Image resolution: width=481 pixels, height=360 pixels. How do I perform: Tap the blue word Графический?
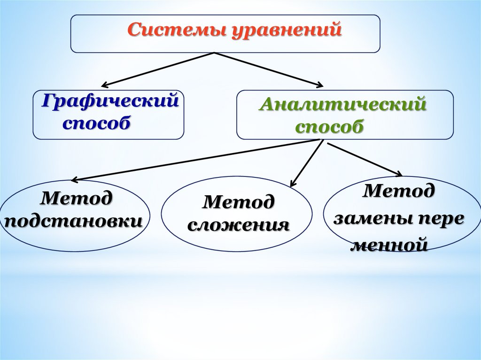110,101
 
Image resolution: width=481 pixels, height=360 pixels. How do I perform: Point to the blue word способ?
95,123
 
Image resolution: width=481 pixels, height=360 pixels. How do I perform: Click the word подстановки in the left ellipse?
76,221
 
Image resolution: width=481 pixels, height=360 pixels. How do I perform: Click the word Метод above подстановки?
77,198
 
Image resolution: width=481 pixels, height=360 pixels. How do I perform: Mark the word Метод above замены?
400,191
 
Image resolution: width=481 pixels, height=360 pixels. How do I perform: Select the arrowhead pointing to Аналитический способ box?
320,85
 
